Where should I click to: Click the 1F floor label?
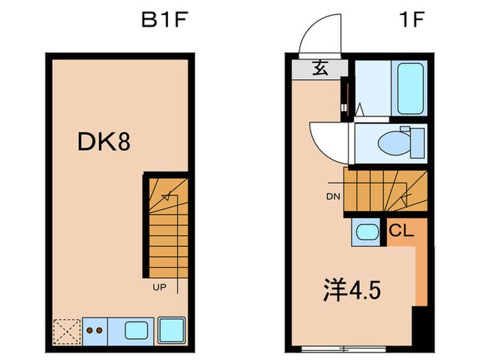click(x=411, y=19)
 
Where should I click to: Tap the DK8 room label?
click(x=104, y=142)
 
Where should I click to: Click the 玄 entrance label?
click(x=320, y=68)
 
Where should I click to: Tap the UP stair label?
click(x=158, y=289)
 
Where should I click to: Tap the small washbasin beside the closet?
click(x=366, y=232)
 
